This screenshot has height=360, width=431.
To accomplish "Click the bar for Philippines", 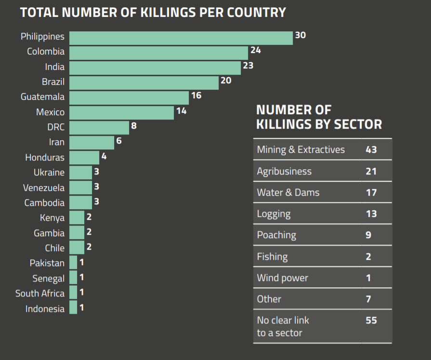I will [x=181, y=38].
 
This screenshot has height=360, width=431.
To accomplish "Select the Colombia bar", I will [x=158, y=53].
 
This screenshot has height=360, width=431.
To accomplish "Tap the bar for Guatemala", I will [x=129, y=98].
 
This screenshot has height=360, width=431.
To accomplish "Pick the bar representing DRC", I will [x=99, y=128].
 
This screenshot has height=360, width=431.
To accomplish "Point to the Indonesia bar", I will [x=73, y=307].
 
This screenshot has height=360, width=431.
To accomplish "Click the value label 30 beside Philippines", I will [x=300, y=35].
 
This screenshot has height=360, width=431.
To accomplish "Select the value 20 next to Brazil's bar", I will [x=226, y=80].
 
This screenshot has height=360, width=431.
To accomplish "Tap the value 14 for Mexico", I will [x=181, y=111].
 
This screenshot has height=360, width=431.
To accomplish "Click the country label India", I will [x=55, y=67].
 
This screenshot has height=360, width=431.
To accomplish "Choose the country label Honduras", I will [x=45, y=158].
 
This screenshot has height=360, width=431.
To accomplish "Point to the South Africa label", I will [x=39, y=293].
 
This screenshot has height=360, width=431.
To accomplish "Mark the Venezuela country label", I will [x=44, y=188].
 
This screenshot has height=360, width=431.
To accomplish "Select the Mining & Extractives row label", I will [x=301, y=149].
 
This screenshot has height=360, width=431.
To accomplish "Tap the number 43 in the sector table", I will [x=371, y=149].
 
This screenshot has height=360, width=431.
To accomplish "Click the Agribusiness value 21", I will [x=371, y=171].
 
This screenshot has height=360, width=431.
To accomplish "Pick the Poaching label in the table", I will [x=276, y=235].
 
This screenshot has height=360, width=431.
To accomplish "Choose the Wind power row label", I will [x=283, y=278].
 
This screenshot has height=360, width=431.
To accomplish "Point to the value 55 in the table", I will [x=371, y=320].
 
